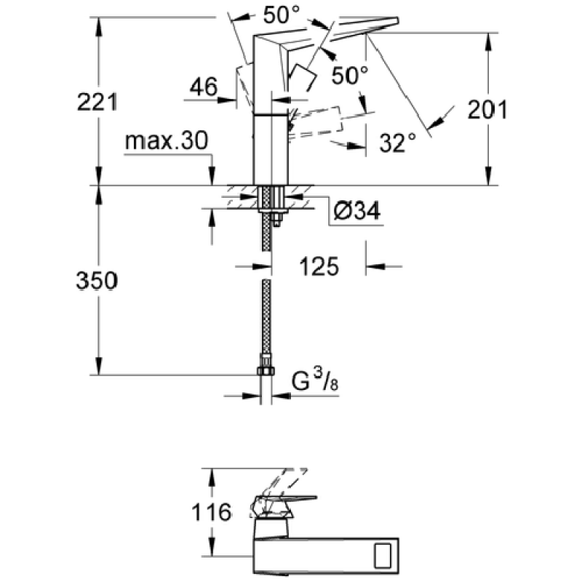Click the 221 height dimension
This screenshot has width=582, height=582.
97,101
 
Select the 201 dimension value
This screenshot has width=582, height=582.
487,110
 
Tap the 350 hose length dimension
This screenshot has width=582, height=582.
97,280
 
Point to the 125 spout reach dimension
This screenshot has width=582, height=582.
319,266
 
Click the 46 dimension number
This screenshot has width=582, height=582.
204,87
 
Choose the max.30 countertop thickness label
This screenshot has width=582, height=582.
167,140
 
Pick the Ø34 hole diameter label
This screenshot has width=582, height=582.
356,211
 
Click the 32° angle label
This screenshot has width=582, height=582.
397,143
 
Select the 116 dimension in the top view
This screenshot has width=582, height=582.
211,513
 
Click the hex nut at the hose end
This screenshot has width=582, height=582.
266,370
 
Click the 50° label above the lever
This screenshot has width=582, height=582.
281,15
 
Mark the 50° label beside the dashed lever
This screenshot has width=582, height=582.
350,76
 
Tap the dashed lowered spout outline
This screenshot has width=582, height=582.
316,121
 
